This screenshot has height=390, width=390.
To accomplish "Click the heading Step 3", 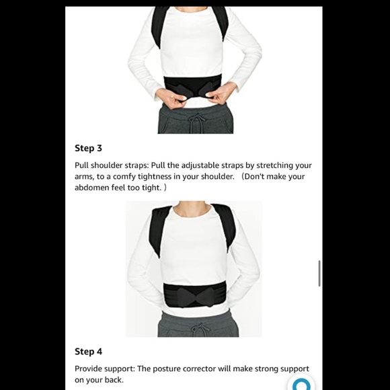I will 88,148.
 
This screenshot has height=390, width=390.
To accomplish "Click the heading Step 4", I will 88,351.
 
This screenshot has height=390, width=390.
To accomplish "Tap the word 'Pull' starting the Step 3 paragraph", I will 83,165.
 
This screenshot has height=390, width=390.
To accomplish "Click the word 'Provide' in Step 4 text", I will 90,368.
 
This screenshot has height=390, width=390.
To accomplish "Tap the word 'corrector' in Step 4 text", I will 219,368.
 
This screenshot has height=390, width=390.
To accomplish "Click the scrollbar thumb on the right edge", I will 319,274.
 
